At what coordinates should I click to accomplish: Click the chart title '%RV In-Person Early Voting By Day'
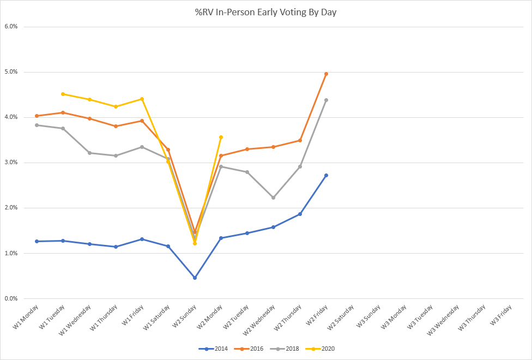tap(265, 11)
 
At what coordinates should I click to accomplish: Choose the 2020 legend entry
tap(327, 348)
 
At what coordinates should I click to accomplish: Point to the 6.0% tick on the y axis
tap(11, 26)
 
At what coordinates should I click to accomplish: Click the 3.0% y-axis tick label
tap(11, 163)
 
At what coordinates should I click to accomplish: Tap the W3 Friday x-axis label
tap(500, 315)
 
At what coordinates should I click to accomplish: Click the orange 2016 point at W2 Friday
tap(326, 74)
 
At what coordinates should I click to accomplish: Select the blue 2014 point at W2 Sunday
tap(195, 278)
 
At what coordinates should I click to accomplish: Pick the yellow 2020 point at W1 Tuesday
tap(63, 94)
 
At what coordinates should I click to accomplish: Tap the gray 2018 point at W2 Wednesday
tap(273, 197)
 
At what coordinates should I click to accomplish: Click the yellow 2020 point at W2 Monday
tap(221, 137)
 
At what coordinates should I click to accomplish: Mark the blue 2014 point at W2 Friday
tap(326, 175)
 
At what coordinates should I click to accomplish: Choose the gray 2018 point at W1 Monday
tap(37, 125)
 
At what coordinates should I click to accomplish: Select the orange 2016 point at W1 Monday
tap(37, 116)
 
